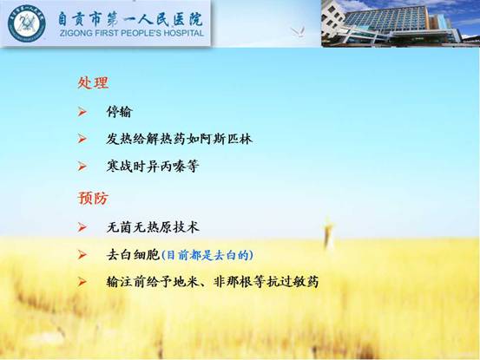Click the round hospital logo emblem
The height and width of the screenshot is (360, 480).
(x=26, y=23)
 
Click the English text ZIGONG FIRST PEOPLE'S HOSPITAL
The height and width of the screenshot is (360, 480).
(x=132, y=33)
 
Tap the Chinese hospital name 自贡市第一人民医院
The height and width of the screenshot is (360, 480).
(x=130, y=19)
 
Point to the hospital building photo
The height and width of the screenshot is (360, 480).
(x=400, y=23)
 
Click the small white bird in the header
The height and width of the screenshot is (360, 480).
(x=298, y=32)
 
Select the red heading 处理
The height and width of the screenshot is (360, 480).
(x=93, y=82)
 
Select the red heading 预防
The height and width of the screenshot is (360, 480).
(x=93, y=198)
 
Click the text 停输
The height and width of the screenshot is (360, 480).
(x=119, y=112)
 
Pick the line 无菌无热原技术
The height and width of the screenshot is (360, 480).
(x=153, y=227)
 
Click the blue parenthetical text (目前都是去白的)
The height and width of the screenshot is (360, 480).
(x=207, y=255)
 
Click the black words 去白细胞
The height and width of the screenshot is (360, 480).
(x=133, y=255)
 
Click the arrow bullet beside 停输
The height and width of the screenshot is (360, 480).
(x=82, y=112)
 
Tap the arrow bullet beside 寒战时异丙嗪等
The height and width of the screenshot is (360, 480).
(x=82, y=167)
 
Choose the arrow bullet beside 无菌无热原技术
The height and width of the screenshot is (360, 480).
(x=82, y=227)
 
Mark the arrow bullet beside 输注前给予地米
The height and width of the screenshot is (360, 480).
(x=82, y=282)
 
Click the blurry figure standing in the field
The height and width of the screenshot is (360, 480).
(x=328, y=233)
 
